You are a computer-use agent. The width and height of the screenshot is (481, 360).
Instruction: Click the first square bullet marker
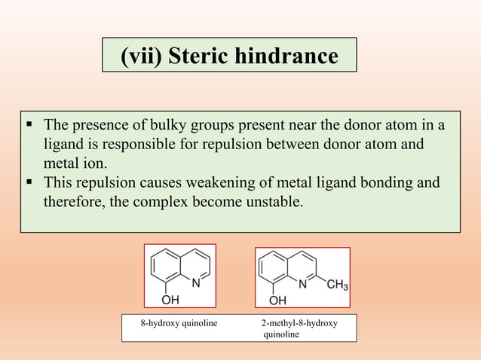29,124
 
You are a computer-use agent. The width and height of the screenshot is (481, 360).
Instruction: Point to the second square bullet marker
29,182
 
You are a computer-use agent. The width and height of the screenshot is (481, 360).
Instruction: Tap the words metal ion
75,163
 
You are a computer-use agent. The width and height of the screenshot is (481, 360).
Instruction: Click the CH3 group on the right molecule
335,285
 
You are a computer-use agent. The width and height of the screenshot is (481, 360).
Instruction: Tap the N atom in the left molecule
196,284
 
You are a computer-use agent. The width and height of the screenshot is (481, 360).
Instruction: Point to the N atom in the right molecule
303,285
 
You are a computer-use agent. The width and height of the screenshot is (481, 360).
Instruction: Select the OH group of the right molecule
277,301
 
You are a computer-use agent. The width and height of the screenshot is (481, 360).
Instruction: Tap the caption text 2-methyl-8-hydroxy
299,323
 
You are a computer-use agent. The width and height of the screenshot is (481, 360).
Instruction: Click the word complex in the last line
179,202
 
